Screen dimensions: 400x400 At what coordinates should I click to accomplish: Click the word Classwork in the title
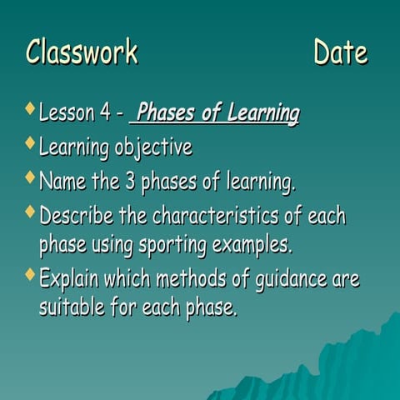(82, 52)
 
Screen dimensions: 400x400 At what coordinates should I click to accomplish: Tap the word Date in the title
(340, 52)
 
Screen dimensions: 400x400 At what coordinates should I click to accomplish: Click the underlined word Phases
(171, 112)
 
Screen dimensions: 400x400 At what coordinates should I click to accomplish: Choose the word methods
(177, 278)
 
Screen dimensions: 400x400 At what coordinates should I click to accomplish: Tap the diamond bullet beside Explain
(30, 275)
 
